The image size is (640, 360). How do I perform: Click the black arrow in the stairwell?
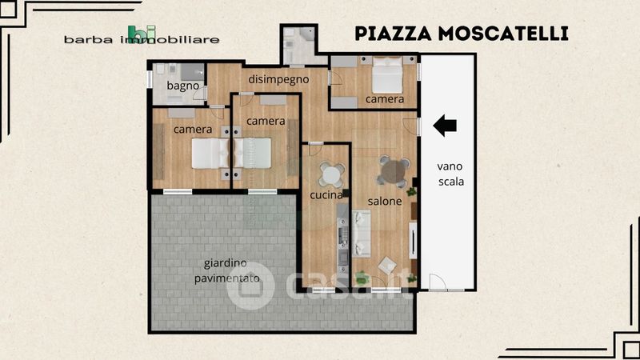pyautogui.click(x=445, y=126)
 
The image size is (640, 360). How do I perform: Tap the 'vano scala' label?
pyautogui.click(x=450, y=174)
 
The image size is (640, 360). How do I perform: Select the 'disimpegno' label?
pyautogui.click(x=278, y=79)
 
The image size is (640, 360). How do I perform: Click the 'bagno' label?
pyautogui.click(x=183, y=86)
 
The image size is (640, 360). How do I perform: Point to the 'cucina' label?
pyautogui.click(x=326, y=195)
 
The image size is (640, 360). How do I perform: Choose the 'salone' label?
pyautogui.click(x=385, y=201)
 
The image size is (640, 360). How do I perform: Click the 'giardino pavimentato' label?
pyautogui.click(x=226, y=270)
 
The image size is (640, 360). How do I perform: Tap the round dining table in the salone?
pyautogui.click(x=393, y=171)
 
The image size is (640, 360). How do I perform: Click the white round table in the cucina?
pyautogui.click(x=331, y=175)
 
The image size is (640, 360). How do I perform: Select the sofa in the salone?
pyautogui.click(x=362, y=234)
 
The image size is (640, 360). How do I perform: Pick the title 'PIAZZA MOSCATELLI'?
pyautogui.click(x=462, y=34)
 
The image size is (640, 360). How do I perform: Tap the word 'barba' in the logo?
pyautogui.click(x=88, y=40)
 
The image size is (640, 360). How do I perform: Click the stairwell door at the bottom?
pyautogui.click(x=438, y=282)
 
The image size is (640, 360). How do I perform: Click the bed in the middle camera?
pyautogui.click(x=253, y=153)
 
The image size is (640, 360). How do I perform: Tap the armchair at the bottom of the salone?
pyautogui.click(x=387, y=266)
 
